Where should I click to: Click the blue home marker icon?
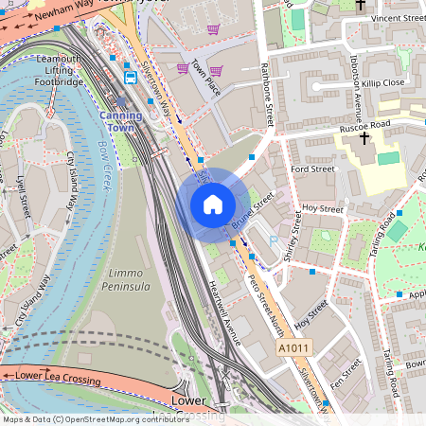213,204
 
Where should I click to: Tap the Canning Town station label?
121,121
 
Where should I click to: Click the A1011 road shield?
293,350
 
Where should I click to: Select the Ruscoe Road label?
364,124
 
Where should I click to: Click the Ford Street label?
313,169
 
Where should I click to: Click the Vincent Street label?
399,18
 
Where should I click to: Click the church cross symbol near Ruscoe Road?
364,139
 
